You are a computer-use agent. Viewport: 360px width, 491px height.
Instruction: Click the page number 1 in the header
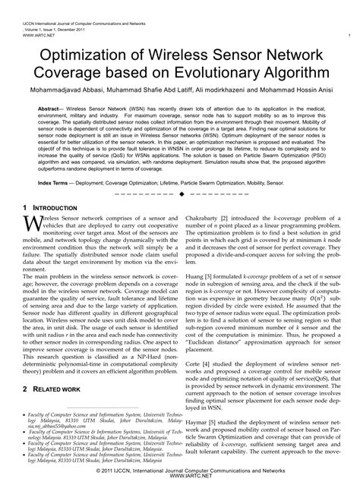point(347,36)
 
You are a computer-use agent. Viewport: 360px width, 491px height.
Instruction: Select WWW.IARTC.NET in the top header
point(27,36)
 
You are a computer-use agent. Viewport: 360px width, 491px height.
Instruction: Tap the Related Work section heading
point(55,389)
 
